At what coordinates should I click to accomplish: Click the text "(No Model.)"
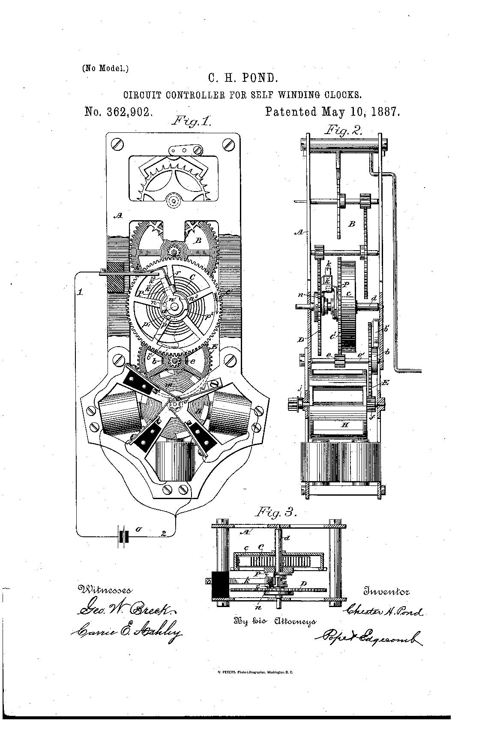105,68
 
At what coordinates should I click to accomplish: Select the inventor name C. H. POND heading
243,78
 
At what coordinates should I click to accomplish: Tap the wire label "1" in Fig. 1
80,293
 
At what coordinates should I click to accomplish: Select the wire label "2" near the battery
163,533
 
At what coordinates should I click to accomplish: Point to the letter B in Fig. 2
352,224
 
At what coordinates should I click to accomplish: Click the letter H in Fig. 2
345,425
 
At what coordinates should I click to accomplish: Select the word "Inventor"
386,592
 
